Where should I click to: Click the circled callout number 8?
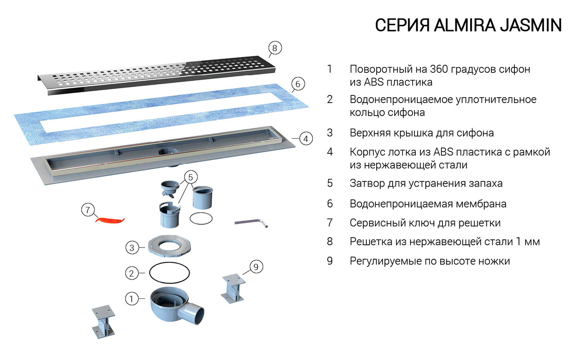[275, 48]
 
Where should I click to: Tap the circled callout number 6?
[298, 84]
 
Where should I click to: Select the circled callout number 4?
[306, 139]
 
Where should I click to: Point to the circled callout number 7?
[88, 210]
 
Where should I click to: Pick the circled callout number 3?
[131, 247]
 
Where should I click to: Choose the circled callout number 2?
[131, 273]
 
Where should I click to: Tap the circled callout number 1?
[131, 298]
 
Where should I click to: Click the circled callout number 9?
[256, 267]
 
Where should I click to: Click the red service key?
[110, 220]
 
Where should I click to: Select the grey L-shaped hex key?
[252, 223]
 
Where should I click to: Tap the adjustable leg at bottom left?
[103, 321]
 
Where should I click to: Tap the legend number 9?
[330, 261]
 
